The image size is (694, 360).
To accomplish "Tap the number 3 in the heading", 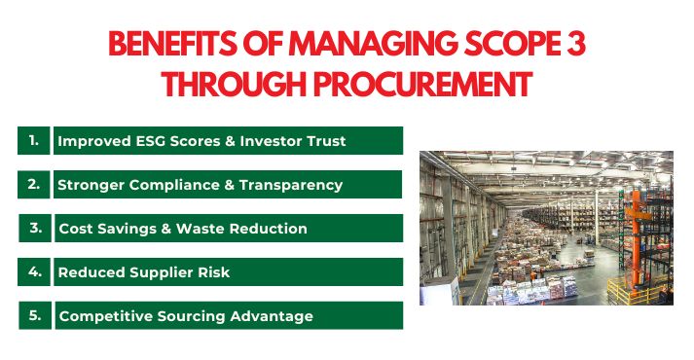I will (578, 45).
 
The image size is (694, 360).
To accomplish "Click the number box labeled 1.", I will (34, 140).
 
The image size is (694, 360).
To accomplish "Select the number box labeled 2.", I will (34, 184).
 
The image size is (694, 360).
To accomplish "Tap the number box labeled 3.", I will (34, 228).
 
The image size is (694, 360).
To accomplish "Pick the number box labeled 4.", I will (34, 271).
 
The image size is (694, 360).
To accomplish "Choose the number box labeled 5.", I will (34, 315).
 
